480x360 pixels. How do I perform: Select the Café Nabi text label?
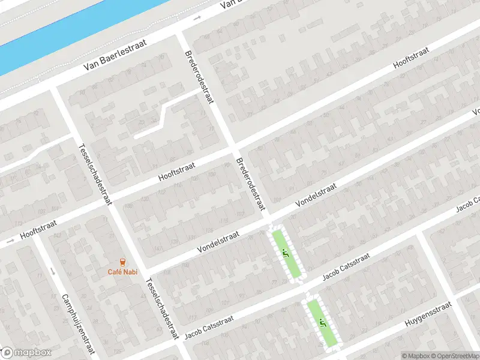[x=122, y=272]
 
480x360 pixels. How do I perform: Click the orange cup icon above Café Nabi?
[x=122, y=262]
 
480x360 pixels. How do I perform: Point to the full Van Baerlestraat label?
[x=107, y=65]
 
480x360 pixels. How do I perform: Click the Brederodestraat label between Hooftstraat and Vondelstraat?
[x=250, y=184]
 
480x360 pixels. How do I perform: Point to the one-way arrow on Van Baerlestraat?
[x=197, y=19]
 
